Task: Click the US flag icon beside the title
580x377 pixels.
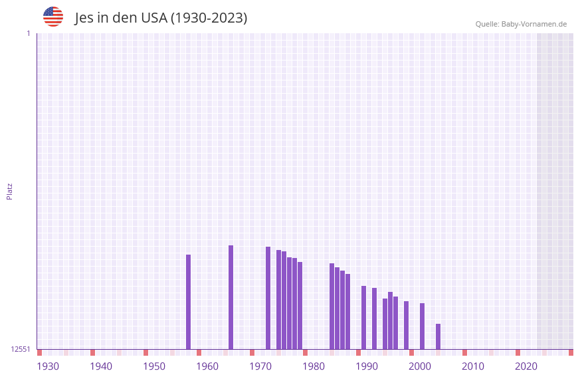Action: click(x=53, y=17)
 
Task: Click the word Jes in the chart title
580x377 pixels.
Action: click(x=84, y=18)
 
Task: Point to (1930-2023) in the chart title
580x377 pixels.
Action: click(x=209, y=18)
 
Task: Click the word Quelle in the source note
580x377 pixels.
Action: click(x=487, y=24)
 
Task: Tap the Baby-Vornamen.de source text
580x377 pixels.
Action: click(x=534, y=24)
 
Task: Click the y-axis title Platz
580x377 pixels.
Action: click(x=9, y=191)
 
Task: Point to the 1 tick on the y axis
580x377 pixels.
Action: click(x=28, y=33)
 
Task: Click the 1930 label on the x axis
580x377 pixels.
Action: click(x=48, y=366)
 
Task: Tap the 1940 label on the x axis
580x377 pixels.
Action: click(x=101, y=366)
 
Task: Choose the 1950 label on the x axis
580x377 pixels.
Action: click(x=154, y=366)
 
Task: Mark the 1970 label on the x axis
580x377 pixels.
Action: click(x=260, y=366)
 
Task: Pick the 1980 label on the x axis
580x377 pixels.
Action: click(x=314, y=366)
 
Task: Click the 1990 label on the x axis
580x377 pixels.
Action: click(x=367, y=366)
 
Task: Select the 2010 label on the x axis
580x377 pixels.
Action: click(x=473, y=366)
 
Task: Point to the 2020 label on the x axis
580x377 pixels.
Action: click(x=526, y=366)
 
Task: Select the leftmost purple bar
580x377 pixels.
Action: click(x=188, y=302)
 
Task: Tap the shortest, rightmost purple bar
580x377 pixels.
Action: click(x=438, y=336)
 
